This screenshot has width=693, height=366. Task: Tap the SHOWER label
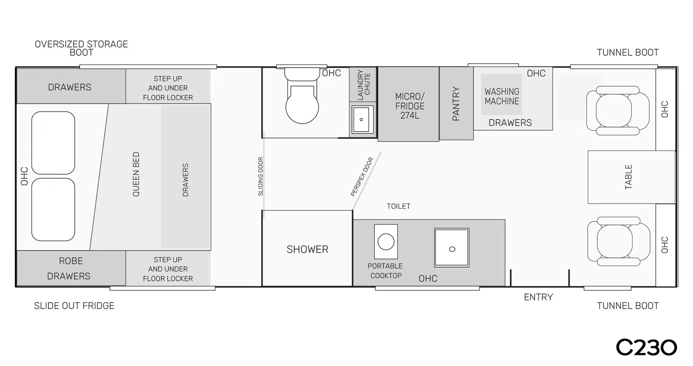click(x=308, y=249)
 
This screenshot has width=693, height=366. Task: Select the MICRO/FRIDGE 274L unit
click(x=408, y=104)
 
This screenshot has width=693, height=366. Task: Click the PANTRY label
click(x=456, y=103)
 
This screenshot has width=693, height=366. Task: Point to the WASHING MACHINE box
click(x=502, y=94)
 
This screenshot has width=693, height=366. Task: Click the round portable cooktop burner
click(x=386, y=242)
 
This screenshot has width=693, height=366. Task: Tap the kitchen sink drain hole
click(x=452, y=249)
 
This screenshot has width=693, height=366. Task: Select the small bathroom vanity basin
click(x=361, y=119)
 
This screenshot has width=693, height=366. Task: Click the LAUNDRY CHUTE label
click(x=364, y=85)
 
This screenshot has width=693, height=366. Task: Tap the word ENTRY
click(x=538, y=297)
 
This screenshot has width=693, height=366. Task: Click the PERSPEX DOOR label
click(x=362, y=177)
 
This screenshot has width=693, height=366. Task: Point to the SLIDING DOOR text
click(x=261, y=176)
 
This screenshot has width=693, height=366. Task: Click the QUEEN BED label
click(x=136, y=174)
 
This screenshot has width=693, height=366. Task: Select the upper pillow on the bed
click(x=53, y=143)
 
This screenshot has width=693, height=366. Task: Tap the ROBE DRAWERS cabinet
click(x=71, y=268)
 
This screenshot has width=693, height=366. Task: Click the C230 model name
click(x=646, y=348)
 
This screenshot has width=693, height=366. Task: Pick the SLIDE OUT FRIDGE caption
click(x=74, y=306)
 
